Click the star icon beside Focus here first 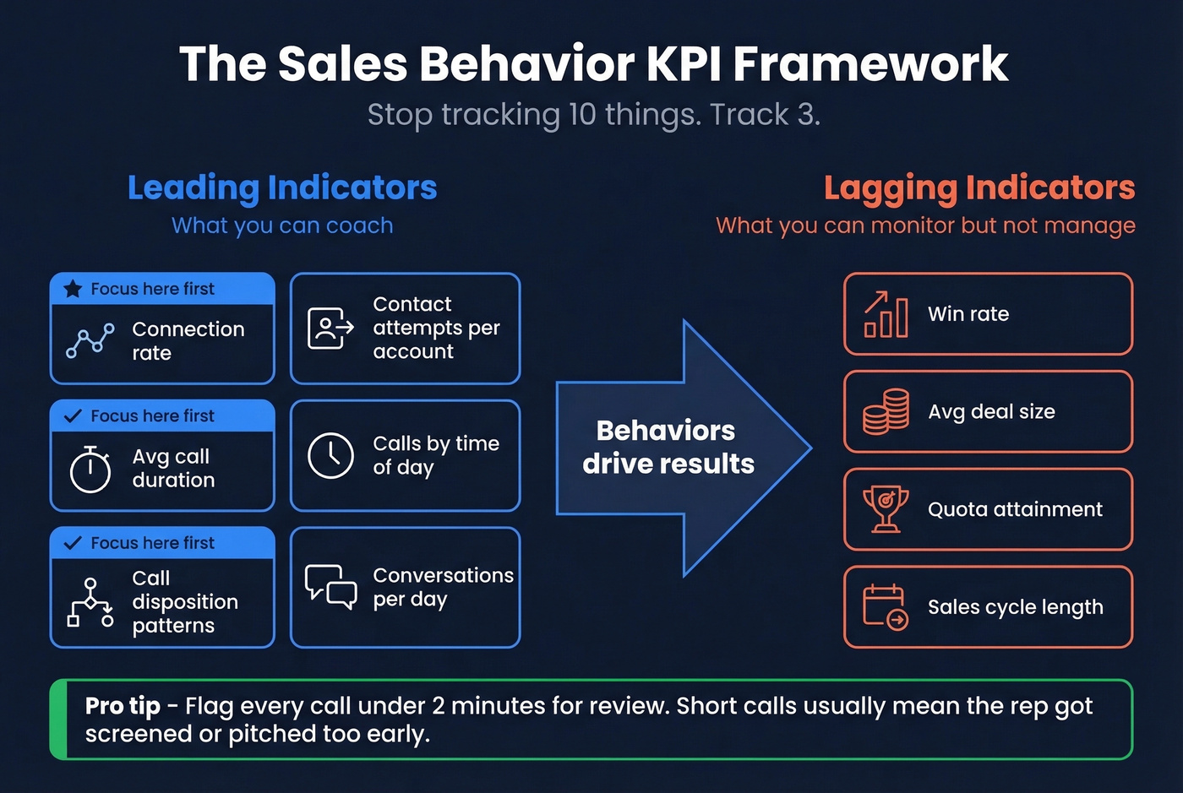(x=74, y=289)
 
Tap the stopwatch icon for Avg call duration (x=90, y=469)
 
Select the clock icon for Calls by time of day (x=330, y=455)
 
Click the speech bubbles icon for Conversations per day (x=330, y=586)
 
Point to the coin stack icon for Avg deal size (x=886, y=412)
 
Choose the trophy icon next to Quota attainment (x=886, y=509)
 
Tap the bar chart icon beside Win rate (x=886, y=314)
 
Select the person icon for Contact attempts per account (x=330, y=329)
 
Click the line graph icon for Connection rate (x=90, y=340)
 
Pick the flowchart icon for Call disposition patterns (x=90, y=602)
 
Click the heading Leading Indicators (x=282, y=187)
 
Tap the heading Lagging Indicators (x=979, y=187)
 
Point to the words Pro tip (x=123, y=706)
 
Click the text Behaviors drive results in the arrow (x=668, y=447)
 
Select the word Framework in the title (x=870, y=63)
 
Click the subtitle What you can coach (x=282, y=225)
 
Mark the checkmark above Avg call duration (x=74, y=416)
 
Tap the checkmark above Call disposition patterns (x=74, y=543)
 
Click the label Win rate (x=968, y=314)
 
